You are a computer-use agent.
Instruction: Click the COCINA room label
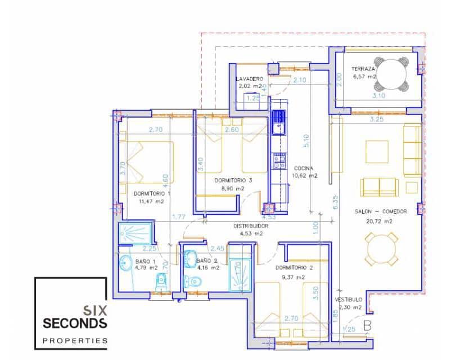(304, 168)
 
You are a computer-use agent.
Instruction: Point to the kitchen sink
(278, 124)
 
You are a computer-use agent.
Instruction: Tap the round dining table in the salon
(382, 247)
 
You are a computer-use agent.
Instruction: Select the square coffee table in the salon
(376, 151)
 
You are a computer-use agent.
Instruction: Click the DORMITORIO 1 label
(152, 193)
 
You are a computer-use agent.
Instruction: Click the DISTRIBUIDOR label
(251, 226)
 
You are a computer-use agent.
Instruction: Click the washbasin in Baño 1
(125, 263)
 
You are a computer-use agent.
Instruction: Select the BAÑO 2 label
(207, 260)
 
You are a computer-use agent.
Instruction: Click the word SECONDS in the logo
(75, 323)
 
